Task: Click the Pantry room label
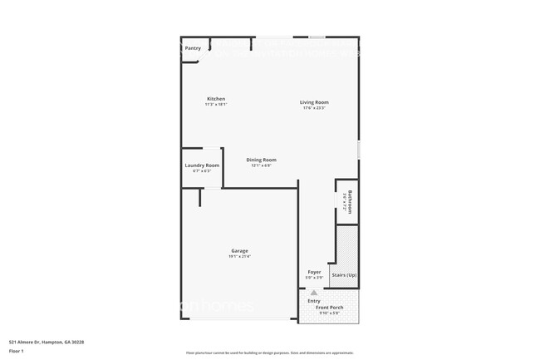(193, 48)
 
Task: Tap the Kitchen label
(215, 99)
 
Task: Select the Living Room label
(314, 102)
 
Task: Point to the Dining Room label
(262, 160)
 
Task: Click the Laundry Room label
(202, 165)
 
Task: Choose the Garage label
(239, 250)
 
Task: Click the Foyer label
(314, 272)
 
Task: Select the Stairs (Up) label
(344, 274)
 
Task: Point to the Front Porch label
(329, 308)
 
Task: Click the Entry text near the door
(313, 301)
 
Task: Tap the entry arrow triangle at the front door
(314, 292)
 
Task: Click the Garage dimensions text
(239, 256)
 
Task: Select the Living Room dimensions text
(314, 108)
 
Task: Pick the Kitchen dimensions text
(215, 105)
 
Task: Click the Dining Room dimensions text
(262, 165)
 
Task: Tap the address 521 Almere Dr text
(47, 342)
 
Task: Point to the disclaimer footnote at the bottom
(268, 352)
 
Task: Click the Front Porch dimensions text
(329, 313)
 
